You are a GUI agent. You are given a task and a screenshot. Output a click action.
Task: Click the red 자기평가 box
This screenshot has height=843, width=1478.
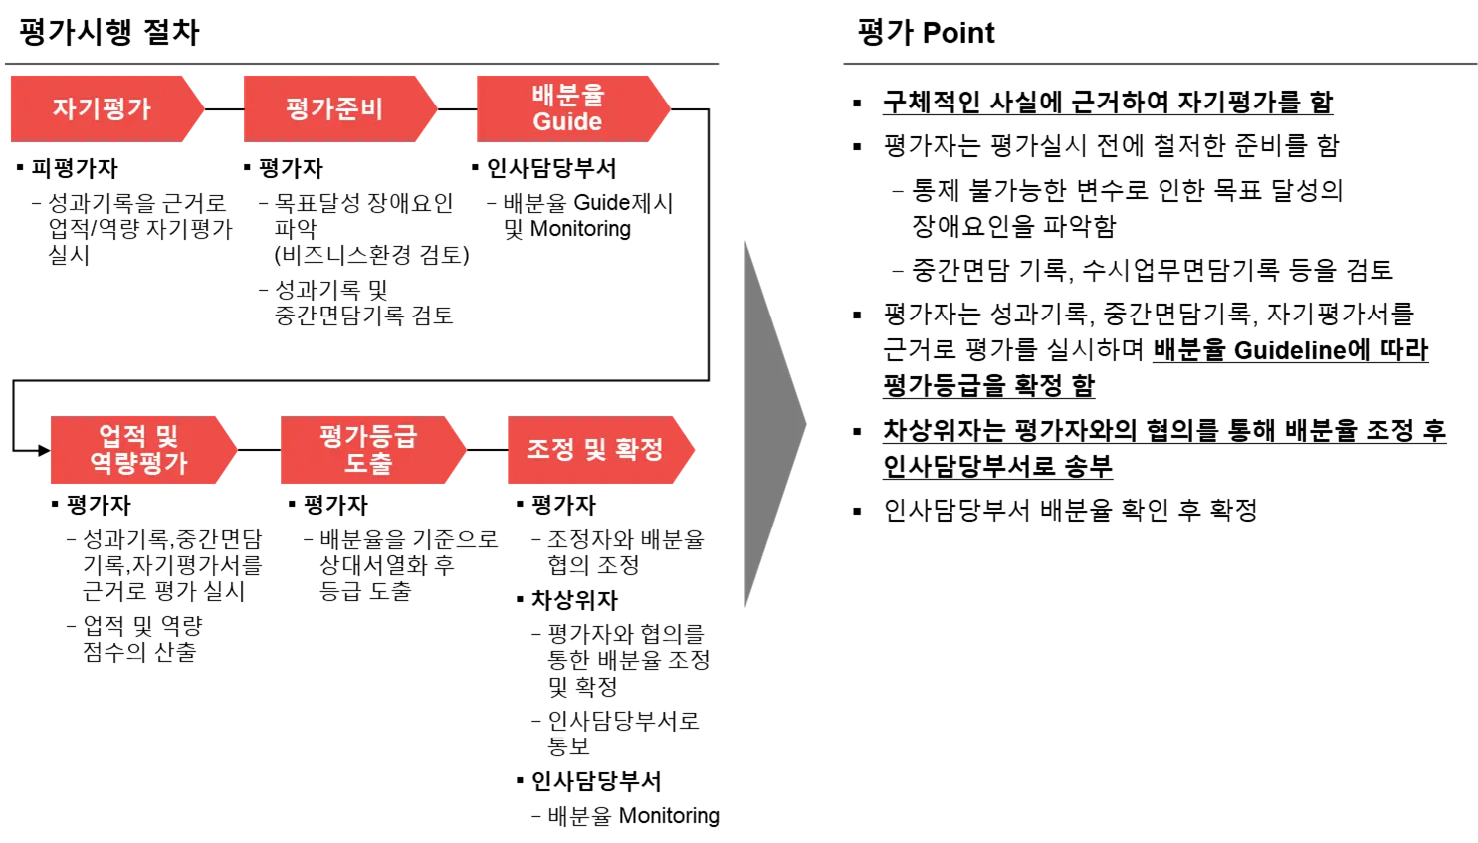[x=100, y=108]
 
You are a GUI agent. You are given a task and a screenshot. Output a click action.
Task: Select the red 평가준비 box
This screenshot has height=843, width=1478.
[x=333, y=108]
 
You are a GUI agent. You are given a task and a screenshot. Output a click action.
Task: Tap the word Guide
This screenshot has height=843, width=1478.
[x=567, y=122]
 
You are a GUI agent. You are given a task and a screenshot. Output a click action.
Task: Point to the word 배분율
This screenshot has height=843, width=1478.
[x=567, y=96]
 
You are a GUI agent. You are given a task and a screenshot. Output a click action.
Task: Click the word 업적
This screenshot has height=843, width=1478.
[x=122, y=436]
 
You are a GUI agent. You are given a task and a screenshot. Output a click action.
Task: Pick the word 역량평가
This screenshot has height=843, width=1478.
[x=138, y=463]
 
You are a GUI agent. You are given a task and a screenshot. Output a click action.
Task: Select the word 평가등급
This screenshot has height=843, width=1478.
[x=368, y=436]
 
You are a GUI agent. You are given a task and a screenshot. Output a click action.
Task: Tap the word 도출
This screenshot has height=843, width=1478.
[x=368, y=463]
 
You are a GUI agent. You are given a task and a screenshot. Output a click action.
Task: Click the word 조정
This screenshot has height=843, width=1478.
[x=550, y=450]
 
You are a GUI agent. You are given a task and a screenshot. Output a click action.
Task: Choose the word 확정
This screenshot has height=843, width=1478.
[x=639, y=450]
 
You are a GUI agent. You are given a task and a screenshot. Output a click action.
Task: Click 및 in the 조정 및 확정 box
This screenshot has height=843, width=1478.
[x=595, y=450]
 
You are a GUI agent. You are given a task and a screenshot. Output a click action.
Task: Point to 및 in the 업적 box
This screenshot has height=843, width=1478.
[x=165, y=436]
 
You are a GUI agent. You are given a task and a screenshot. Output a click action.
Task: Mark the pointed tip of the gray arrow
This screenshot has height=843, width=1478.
[x=808, y=426]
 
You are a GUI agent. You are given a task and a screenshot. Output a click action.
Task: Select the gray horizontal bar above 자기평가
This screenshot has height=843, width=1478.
[x=362, y=65]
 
